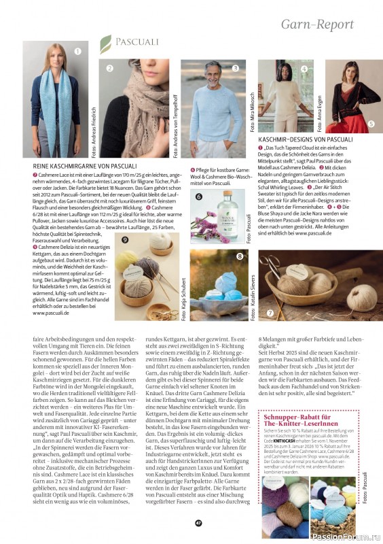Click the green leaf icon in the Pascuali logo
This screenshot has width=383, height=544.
[105, 44]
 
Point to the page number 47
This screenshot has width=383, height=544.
[198, 523]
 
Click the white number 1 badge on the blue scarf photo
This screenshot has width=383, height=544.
[77, 50]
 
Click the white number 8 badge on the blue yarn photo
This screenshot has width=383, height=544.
[240, 256]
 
